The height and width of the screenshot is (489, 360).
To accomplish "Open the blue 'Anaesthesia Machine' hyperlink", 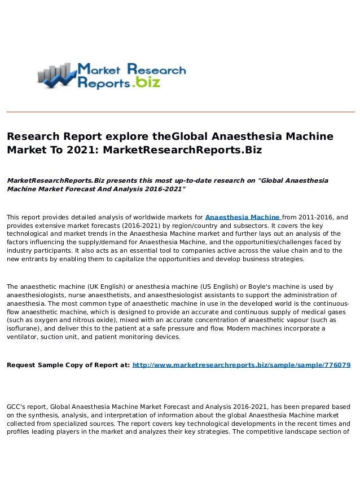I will (243, 217).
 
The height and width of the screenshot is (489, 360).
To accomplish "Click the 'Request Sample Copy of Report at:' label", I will (68, 365).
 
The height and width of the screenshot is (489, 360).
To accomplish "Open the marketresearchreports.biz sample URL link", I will (242, 365).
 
